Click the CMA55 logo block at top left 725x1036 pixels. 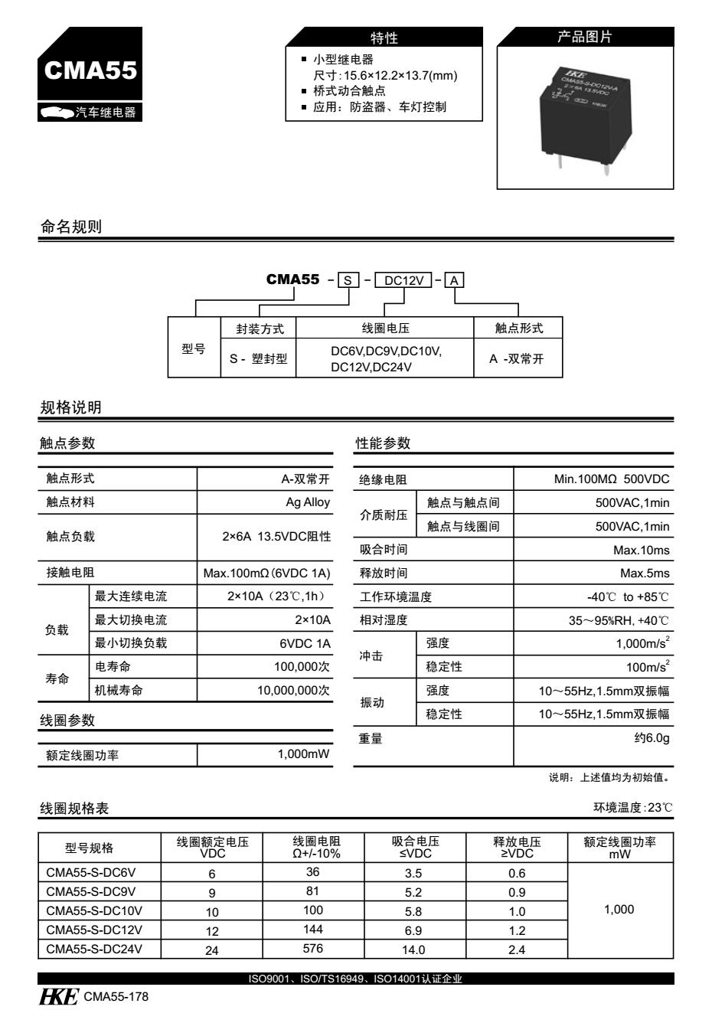[90, 74]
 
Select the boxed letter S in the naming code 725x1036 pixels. [348, 280]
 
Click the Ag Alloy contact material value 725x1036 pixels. [308, 502]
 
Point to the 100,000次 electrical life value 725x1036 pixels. [302, 667]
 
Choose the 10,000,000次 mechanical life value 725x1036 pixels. [294, 690]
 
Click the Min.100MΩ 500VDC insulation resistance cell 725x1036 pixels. [611, 479]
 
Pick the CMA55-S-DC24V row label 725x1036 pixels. [94, 949]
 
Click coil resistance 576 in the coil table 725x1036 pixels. [313, 949]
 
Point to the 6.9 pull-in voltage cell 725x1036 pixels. [413, 930]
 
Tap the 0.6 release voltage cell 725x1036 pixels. [517, 874]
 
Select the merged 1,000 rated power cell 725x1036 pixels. [619, 910]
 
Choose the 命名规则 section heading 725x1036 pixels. [71, 227]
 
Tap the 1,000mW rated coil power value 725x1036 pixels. [303, 755]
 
